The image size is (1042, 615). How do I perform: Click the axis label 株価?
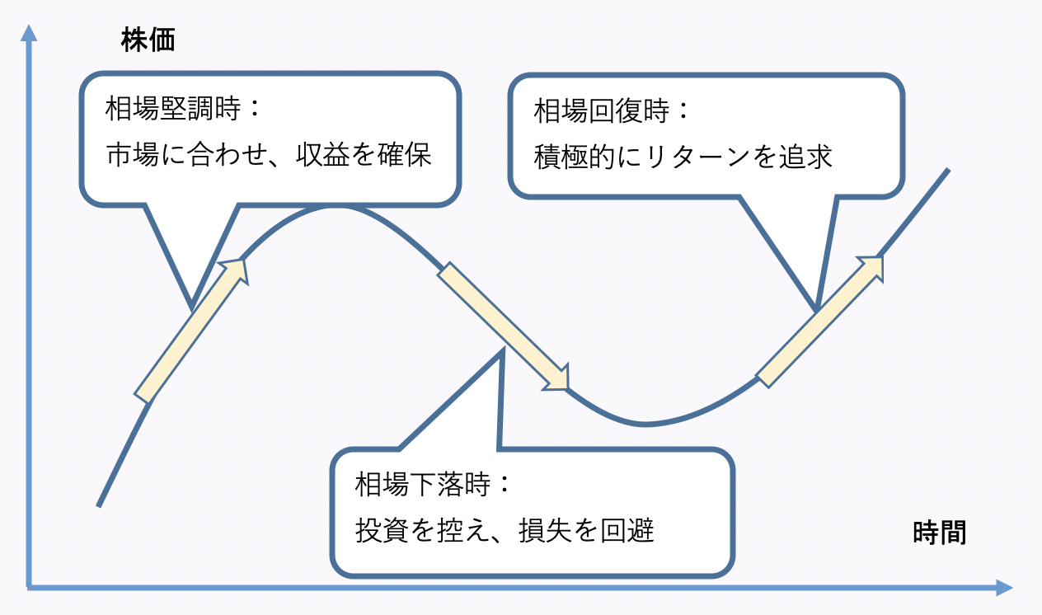[x=148, y=40]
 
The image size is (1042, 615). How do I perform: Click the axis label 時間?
[x=940, y=533]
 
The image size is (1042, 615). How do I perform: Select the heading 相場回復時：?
[x=611, y=110]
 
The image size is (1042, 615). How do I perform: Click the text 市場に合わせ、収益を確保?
[x=269, y=155]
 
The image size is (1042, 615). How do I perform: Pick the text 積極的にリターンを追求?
[x=683, y=156]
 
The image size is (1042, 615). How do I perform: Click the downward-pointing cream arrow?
[x=503, y=326]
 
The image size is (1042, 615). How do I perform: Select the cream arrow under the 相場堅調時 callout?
[x=192, y=330]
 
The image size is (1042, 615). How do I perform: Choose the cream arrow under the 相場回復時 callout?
[x=820, y=321]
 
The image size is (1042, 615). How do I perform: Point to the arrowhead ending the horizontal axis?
[x=1003, y=588]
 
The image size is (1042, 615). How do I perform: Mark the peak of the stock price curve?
[x=335, y=206]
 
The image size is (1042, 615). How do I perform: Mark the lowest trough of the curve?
[x=645, y=425]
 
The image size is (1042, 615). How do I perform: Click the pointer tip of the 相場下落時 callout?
[x=501, y=352]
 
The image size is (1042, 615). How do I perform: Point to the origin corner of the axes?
[x=30, y=587]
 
